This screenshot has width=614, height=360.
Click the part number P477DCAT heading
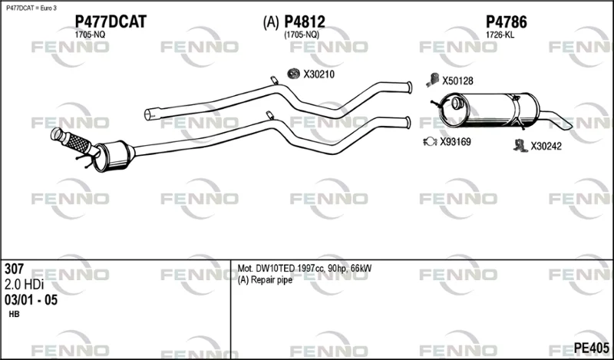click(x=111, y=21)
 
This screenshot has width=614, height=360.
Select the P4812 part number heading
click(x=304, y=21)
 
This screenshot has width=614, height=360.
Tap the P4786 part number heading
click(x=507, y=22)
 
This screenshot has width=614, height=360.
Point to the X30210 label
click(x=319, y=74)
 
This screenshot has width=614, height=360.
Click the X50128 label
click(x=457, y=81)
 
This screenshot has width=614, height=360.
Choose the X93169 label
click(x=455, y=142)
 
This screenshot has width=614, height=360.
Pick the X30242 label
click(x=546, y=147)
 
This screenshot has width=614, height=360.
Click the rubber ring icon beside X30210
click(x=293, y=73)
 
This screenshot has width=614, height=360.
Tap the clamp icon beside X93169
click(x=430, y=141)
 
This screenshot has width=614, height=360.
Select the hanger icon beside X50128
click(x=432, y=80)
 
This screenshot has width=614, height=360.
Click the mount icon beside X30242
click(x=520, y=146)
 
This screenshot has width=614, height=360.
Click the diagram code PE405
click(x=591, y=348)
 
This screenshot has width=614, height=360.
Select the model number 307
click(x=14, y=269)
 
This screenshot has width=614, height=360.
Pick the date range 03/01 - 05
click(x=31, y=300)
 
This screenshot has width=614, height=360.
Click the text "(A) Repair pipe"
click(x=265, y=280)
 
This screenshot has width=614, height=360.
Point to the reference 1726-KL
click(x=500, y=35)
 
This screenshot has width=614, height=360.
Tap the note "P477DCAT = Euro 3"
click(x=31, y=8)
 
